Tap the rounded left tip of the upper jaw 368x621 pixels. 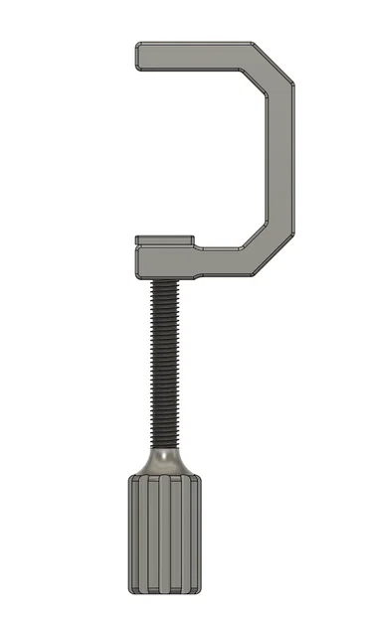coord(139,57)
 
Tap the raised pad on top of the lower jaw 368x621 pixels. coord(164,238)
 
